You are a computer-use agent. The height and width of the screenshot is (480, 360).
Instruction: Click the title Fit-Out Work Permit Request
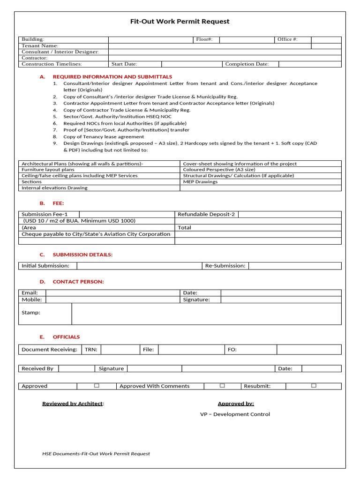coord(180,22)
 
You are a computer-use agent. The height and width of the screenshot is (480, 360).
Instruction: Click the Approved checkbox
coord(97,385)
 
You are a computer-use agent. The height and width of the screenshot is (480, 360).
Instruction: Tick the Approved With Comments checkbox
coord(222,385)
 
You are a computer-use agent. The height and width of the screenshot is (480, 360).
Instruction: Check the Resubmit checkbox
coord(314,385)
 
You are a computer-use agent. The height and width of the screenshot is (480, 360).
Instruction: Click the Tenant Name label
coord(40,46)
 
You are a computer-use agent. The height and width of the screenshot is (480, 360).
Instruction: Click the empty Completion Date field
coord(309,64)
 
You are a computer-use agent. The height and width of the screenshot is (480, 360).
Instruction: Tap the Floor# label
coord(204,40)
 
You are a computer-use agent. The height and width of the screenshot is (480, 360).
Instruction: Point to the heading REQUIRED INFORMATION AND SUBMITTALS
coord(112,76)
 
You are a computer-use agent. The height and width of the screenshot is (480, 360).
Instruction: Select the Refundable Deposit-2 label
coord(206,214)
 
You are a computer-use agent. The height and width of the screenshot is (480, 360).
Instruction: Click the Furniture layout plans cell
coord(48,170)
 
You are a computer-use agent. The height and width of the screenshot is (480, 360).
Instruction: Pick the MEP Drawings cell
coord(200,182)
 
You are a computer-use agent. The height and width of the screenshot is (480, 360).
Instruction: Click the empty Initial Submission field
coord(139,266)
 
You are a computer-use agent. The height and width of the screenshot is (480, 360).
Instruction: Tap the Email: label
coord(30,292)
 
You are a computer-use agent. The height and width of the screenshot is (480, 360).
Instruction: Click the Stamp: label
coord(31,313)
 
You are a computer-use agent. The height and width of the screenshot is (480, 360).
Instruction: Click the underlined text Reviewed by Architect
coord(73,404)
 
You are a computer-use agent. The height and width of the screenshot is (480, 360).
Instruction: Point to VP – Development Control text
coord(235,414)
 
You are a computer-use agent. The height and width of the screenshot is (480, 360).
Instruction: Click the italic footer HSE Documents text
coord(96,454)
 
